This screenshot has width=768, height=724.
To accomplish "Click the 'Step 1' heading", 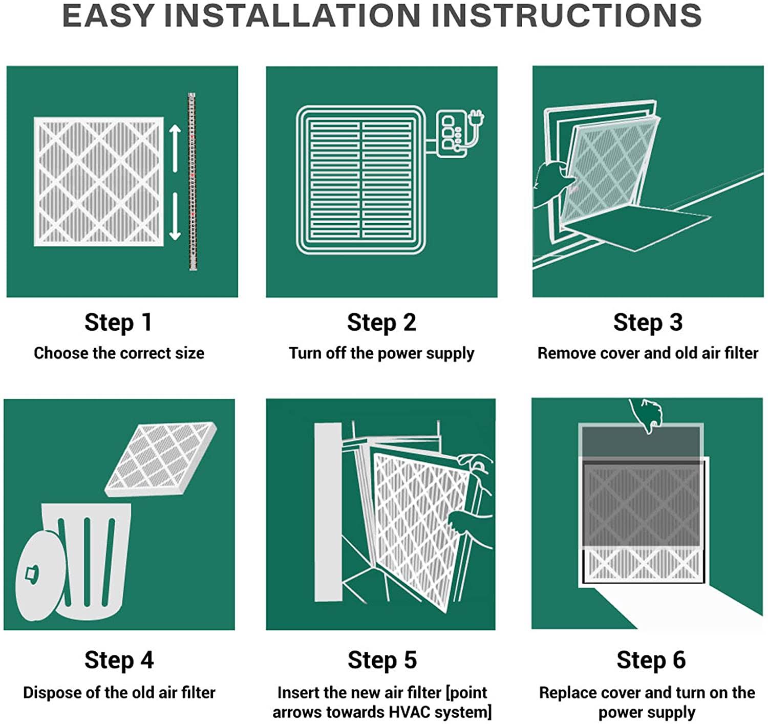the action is point(118,323).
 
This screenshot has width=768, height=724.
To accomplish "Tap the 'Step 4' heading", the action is point(119,660).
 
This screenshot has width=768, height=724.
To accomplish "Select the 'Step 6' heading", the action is point(651,660).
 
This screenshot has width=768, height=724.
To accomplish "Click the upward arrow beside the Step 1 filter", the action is point(175,148).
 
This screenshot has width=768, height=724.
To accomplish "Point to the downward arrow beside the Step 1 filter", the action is point(175,216).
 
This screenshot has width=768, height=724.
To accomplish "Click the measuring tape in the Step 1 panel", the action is point(192,181).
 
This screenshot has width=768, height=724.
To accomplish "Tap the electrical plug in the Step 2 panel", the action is point(476,118).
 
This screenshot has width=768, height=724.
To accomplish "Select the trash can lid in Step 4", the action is point(40,576).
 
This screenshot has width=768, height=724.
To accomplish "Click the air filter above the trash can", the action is point(161,459).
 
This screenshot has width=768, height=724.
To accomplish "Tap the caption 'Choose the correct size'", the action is point(119,353).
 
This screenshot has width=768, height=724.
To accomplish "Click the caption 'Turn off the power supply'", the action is point(381,354).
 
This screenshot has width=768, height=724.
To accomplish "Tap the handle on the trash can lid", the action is point(32,573).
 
